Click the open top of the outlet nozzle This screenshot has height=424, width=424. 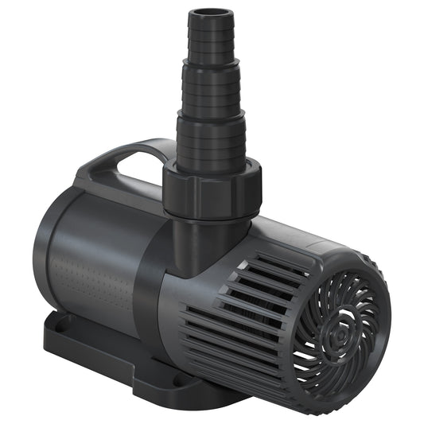click(x=211, y=13)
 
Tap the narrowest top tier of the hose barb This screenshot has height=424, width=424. click(x=211, y=40)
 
